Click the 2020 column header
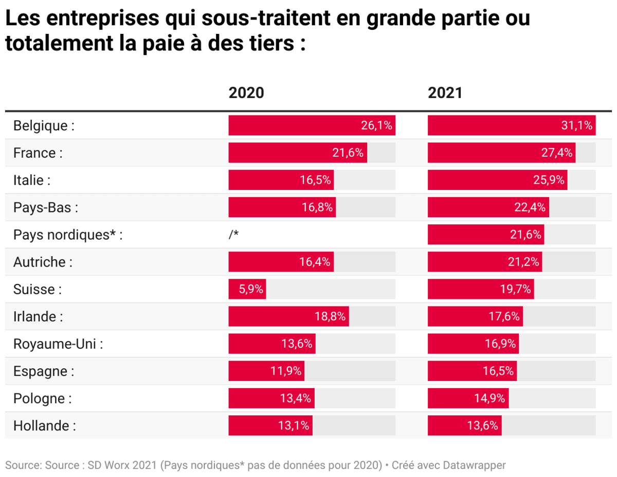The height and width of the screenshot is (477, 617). coord(246,93)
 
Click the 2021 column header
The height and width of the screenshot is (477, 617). coord(445,93)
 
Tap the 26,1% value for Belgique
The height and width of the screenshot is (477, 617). coord(376,126)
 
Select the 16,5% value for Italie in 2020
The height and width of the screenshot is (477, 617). coord(316,180)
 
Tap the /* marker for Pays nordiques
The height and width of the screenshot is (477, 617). coord(234,235)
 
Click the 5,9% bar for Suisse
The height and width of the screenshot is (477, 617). coord(247,290)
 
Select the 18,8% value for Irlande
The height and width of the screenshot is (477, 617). coord(330,317)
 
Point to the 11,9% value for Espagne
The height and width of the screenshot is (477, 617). coord(286,371)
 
